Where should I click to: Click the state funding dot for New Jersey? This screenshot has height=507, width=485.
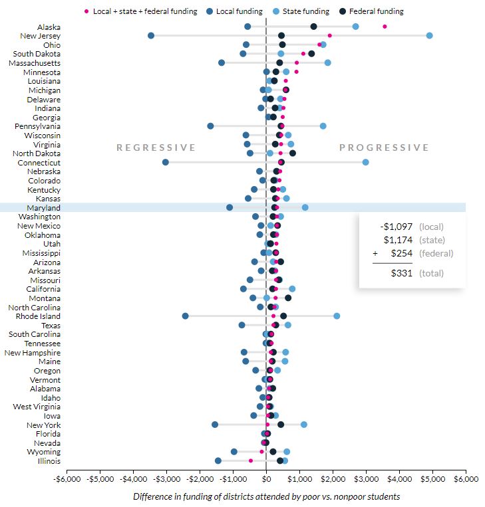tap(429, 35)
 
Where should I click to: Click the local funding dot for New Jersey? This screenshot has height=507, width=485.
tap(151, 35)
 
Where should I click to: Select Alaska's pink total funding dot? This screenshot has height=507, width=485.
tap(385, 27)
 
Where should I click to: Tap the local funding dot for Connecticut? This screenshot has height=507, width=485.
tap(166, 162)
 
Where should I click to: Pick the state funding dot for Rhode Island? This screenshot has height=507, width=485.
tap(337, 316)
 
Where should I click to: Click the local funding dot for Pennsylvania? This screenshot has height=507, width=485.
tap(210, 126)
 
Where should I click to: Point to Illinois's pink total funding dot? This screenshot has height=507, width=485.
tap(251, 460)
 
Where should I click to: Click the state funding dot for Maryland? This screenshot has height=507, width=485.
tap(305, 207)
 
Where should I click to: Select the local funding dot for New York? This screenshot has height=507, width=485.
tap(215, 425)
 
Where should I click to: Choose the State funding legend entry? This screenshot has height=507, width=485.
tap(297, 11)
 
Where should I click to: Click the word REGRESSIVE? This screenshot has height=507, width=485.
tap(156, 148)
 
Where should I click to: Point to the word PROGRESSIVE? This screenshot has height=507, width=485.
tap(385, 148)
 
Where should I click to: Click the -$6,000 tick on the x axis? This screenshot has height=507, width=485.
tap(67, 478)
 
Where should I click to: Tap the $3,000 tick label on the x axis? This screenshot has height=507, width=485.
tap(366, 478)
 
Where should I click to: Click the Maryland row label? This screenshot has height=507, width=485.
tap(44, 207)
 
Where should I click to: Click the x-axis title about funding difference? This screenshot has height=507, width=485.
tap(266, 496)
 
